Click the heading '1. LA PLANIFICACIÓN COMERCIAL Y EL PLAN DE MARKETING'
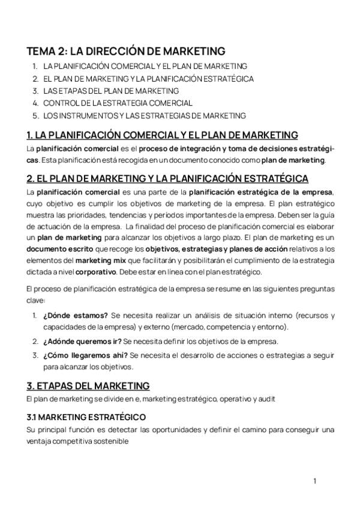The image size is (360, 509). pos(162,134)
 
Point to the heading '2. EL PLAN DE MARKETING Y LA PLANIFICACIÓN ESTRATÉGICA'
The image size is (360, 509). pos(167,178)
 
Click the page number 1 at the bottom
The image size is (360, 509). pos(314,481)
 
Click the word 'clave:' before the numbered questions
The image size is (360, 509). pos(37,301)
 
